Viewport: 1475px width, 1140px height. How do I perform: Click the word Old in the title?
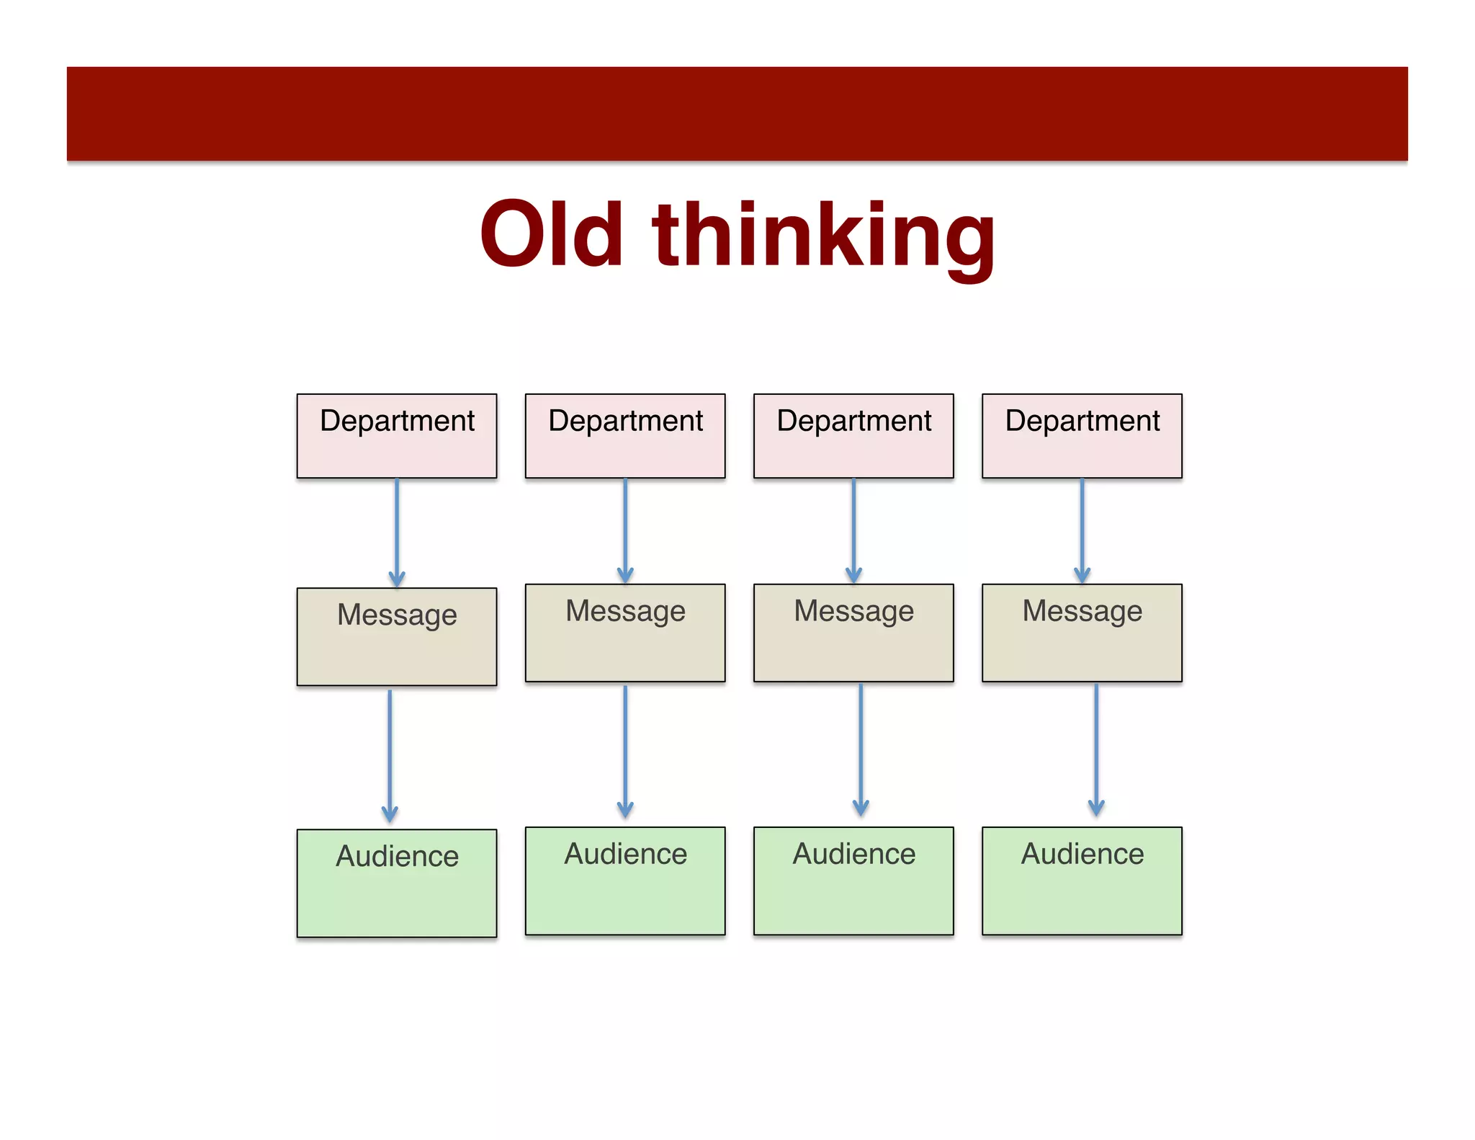(x=551, y=233)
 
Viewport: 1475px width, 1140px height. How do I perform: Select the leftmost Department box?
(x=397, y=436)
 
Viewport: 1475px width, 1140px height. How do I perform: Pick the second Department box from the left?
(x=625, y=436)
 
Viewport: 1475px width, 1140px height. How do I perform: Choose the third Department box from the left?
(x=853, y=436)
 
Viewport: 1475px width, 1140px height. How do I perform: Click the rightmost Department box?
(x=1082, y=436)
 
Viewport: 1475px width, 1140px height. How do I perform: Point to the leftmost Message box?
(x=397, y=636)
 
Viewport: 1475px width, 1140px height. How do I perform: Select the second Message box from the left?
(x=625, y=633)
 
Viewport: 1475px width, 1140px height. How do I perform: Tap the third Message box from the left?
(x=853, y=633)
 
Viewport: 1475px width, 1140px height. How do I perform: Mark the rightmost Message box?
(x=1082, y=633)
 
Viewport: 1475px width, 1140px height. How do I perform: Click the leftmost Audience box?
(x=397, y=883)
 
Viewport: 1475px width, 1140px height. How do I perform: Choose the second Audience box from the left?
(x=625, y=881)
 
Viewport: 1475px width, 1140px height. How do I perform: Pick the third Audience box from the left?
(x=853, y=881)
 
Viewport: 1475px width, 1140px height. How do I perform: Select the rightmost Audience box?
(x=1082, y=881)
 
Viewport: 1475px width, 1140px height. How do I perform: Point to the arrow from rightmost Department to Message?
(x=1082, y=530)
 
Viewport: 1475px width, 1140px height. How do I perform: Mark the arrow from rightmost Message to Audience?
(x=1096, y=749)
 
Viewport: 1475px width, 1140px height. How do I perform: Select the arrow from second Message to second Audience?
(x=625, y=751)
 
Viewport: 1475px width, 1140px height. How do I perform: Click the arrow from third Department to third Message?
(x=853, y=530)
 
